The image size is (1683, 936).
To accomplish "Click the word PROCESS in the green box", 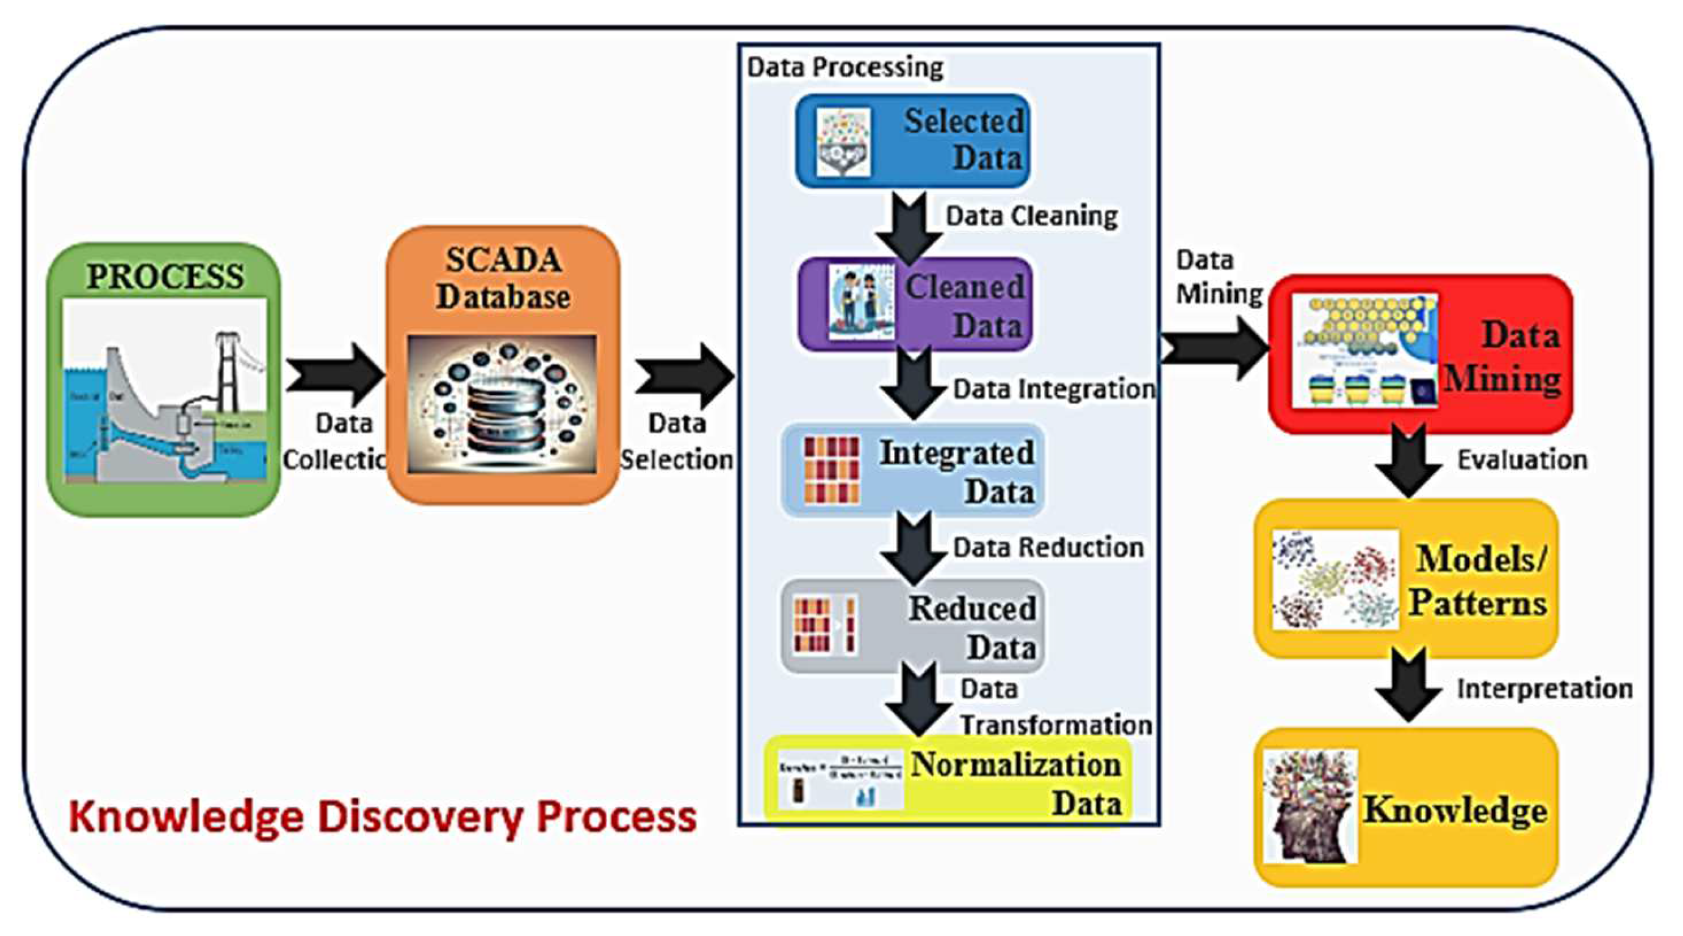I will pos(165,277).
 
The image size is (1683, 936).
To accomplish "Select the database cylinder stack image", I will pos(502,405).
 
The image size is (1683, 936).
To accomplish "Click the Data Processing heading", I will pos(845,67).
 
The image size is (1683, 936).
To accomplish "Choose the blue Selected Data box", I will pos(913,140).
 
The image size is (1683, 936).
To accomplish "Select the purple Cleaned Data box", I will pos(915,305).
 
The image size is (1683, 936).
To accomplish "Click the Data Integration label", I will pos(1054,390).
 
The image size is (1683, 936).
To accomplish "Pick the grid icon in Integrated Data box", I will pos(831,470).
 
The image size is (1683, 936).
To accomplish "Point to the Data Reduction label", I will pos(1048,548).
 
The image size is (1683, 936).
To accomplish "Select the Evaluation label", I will pos(1522,460).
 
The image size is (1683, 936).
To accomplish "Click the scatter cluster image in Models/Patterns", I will pos(1335,579).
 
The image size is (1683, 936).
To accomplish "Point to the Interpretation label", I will pos(1544,689).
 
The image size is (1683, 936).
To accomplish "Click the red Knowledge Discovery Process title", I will pos(383,818).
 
